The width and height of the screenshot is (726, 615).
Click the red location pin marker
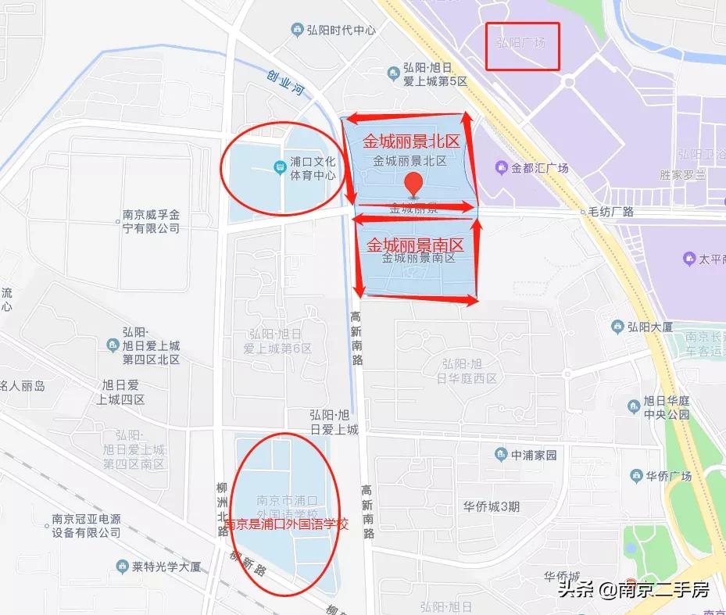click(x=413, y=185)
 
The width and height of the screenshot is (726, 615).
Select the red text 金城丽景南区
click(x=415, y=244)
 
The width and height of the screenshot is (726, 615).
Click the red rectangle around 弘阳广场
click(x=523, y=46)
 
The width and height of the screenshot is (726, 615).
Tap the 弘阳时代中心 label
click(x=341, y=30)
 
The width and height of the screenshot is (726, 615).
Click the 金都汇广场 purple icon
click(x=501, y=167)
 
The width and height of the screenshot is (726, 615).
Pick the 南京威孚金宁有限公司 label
click(x=152, y=222)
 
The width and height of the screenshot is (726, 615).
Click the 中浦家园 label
click(x=534, y=454)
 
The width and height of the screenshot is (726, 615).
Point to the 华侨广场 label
click(x=664, y=474)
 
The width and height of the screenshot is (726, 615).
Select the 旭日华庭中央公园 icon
click(x=634, y=405)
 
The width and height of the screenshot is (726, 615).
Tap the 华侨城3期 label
click(x=492, y=506)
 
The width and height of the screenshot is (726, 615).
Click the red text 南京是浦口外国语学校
click(x=285, y=524)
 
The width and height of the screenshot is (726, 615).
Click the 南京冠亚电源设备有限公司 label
click(x=87, y=524)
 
